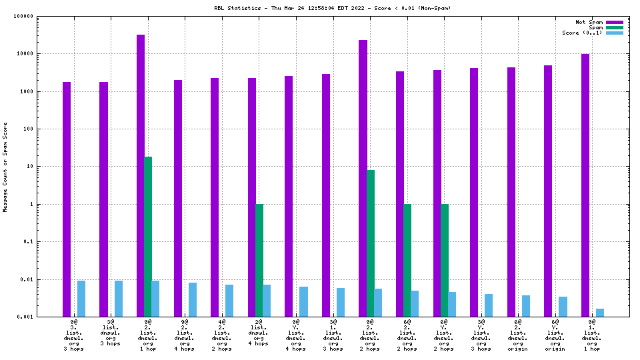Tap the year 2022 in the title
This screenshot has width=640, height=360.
pos(371,8)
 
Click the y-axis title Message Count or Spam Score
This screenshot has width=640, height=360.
pos(5,167)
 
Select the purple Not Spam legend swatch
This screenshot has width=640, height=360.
pos(615,22)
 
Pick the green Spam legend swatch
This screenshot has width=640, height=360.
pos(615,27)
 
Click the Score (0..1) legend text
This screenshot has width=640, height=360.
pos(582,33)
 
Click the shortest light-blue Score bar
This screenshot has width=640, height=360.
pos(599,312)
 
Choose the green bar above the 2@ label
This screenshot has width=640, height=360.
pos(259,260)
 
